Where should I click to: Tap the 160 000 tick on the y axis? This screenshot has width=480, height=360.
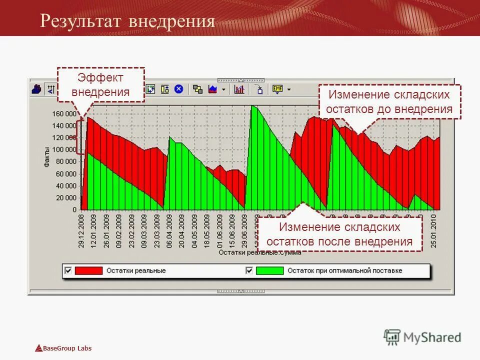click(64, 113)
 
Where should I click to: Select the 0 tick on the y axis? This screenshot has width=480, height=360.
click(74, 209)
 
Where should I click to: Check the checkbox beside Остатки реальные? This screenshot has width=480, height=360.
click(68, 270)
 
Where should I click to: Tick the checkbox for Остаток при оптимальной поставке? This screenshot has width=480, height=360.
click(249, 270)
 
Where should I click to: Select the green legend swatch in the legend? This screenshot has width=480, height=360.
click(269, 270)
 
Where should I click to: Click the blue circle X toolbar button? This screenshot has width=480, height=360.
click(178, 89)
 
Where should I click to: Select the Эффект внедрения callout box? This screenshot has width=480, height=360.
click(100, 85)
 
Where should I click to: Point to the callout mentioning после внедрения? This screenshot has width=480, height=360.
click(340, 234)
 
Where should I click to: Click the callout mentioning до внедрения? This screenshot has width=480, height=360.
click(389, 101)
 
